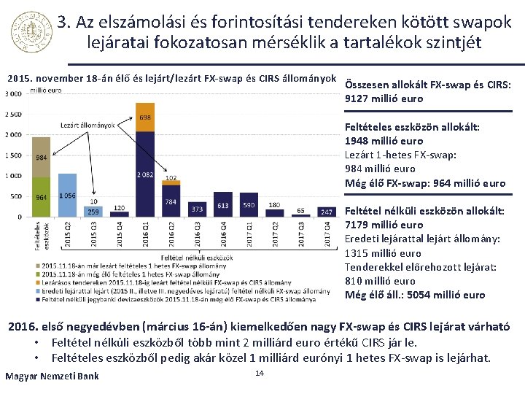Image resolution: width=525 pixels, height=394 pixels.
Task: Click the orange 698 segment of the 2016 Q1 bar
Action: [145, 121]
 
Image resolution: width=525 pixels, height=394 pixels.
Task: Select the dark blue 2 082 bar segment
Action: [145, 174]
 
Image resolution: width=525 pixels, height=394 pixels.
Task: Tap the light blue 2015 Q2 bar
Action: [67, 195]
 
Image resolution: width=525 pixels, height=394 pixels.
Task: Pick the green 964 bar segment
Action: [42, 197]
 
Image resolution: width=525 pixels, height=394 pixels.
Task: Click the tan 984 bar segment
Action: [42, 157]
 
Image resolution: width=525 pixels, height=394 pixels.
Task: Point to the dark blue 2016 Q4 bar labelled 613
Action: [223, 204]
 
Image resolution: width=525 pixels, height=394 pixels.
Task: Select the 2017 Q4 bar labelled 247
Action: [327, 212]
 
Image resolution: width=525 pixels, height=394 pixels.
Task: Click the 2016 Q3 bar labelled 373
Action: [197, 209]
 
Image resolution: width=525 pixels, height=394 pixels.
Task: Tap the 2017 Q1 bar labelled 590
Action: [249, 205]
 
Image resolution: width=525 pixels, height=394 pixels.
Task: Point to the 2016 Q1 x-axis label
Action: [145, 234]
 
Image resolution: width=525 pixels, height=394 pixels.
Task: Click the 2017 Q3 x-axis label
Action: [300, 234]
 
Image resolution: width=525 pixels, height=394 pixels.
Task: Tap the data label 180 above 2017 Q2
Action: [275, 205]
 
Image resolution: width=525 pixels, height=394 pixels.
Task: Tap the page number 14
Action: [259, 374]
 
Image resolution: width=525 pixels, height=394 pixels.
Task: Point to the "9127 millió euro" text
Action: [384, 98]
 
